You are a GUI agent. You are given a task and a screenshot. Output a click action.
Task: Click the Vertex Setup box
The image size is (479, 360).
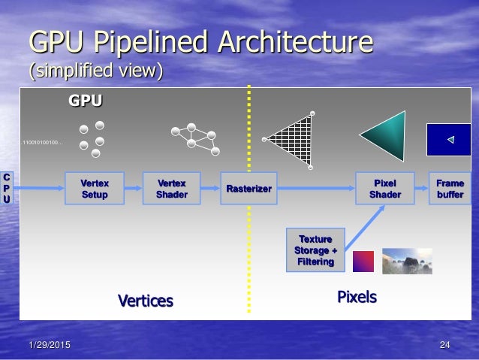[95, 189]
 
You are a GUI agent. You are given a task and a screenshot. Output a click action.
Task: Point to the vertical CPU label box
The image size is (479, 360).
[7, 189]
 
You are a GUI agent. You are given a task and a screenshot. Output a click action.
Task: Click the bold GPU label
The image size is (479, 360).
[86, 100]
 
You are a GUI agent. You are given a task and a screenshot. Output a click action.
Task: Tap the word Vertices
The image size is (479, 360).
[146, 301]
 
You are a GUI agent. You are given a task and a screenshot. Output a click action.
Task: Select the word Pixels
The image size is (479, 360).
[357, 298]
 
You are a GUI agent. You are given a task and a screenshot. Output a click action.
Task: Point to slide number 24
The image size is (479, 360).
[444, 345]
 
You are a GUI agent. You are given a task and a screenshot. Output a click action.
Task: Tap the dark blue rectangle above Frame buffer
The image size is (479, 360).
[449, 139]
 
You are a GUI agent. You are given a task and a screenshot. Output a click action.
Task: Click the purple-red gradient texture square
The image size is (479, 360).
[363, 261]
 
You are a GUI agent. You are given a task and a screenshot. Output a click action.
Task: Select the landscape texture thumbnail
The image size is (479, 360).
[407, 260]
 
